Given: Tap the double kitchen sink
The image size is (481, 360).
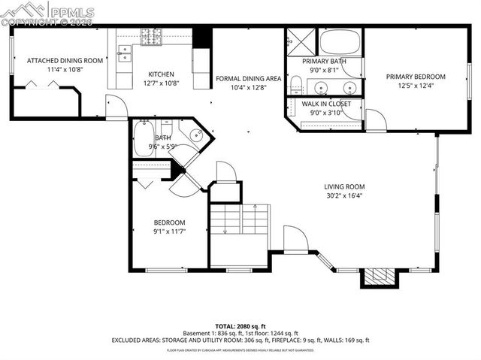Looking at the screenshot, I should (x=126, y=54).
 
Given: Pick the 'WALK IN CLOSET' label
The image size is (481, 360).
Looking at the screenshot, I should (x=325, y=104).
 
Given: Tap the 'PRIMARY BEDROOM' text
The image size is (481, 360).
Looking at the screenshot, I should (x=416, y=77).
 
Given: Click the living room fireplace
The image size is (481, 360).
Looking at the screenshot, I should (x=376, y=277).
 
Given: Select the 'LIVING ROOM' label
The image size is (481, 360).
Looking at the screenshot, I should (x=344, y=187).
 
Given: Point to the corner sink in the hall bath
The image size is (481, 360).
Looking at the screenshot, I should (x=195, y=136).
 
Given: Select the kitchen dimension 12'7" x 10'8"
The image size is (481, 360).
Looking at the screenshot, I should (x=161, y=84).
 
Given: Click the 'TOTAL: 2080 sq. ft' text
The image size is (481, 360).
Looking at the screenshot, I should (x=240, y=325).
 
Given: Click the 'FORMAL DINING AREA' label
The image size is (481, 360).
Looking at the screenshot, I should (x=248, y=78).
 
